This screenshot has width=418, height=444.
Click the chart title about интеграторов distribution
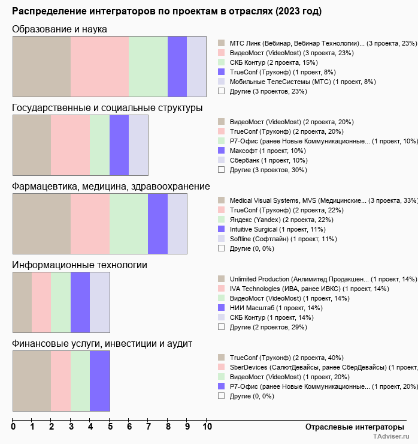click(x=166, y=11)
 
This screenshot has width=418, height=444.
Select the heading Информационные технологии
click(x=80, y=265)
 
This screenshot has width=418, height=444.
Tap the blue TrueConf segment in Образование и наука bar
click(x=177, y=66)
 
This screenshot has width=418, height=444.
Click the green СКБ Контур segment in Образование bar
click(x=149, y=66)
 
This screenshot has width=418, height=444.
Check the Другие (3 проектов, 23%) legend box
click(x=222, y=91)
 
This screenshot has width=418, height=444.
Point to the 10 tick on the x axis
click(x=207, y=427)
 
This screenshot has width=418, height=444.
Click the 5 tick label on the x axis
click(x=110, y=427)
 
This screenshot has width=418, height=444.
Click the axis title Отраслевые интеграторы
click(x=351, y=427)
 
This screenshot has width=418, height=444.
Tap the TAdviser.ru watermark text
click(x=392, y=437)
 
